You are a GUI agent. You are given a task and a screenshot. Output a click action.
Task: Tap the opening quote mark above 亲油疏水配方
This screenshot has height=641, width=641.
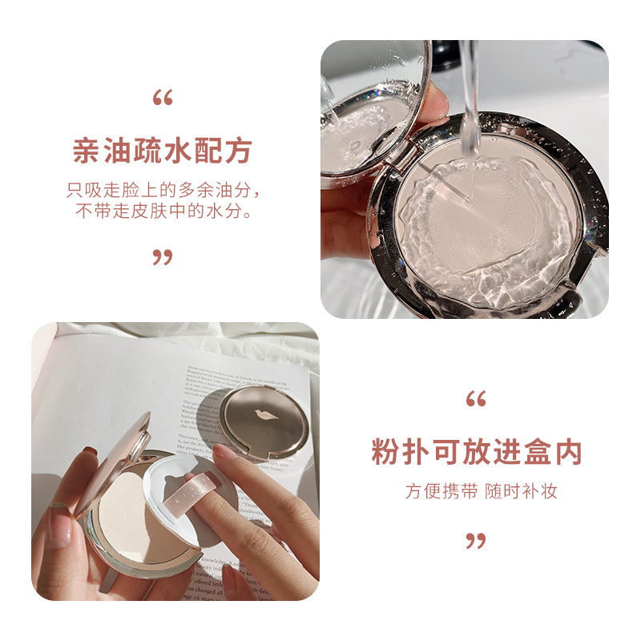click(163, 100)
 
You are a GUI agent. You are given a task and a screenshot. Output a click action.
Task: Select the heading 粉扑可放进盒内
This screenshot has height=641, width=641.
click(476, 452)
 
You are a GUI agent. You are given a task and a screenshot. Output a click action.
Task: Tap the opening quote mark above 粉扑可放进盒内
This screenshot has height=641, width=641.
click(476, 399)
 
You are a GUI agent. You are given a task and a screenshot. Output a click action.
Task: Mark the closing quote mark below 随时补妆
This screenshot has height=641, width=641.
click(476, 541)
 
